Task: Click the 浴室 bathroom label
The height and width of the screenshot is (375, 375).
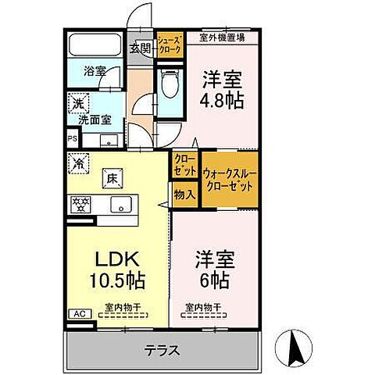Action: point(97,70)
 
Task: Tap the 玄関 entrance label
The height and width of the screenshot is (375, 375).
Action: point(140,48)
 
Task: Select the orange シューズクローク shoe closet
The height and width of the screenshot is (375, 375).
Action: point(170,45)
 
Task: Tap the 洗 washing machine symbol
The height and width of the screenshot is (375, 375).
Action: point(78,102)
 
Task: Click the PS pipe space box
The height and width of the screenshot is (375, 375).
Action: point(73,140)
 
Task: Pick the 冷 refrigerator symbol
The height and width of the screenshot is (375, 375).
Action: point(78,163)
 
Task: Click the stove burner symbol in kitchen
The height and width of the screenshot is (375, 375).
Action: point(80,205)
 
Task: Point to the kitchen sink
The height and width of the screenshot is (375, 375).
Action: point(120,205)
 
